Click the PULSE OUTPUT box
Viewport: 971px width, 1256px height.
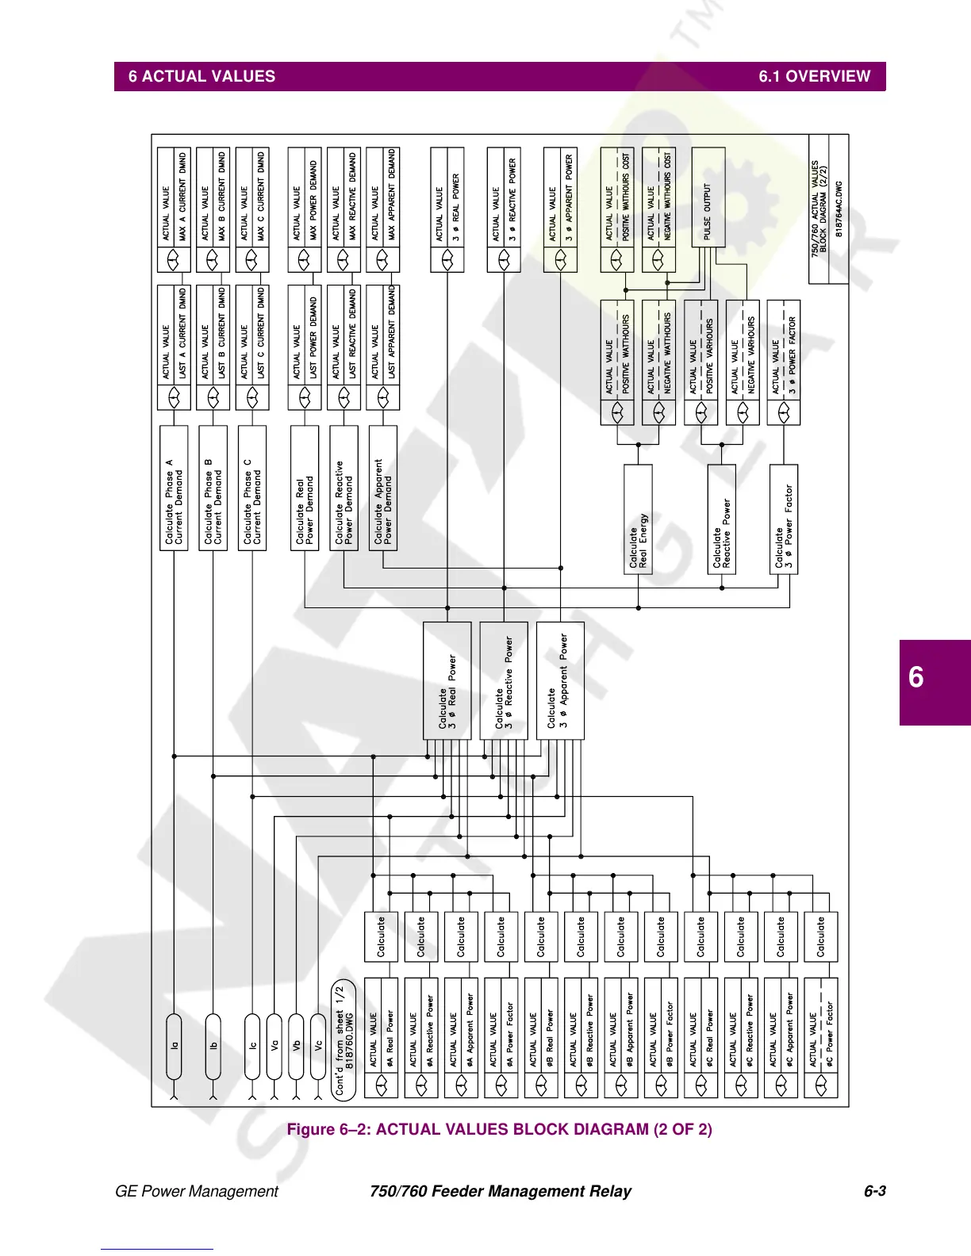(x=708, y=197)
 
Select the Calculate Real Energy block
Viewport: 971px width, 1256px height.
(x=638, y=519)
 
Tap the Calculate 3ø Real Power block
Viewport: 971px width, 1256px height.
(x=447, y=680)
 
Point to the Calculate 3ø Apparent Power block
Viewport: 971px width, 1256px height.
(x=560, y=680)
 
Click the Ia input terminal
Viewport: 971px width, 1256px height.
(x=174, y=1046)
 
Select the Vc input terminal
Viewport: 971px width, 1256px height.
(x=317, y=1046)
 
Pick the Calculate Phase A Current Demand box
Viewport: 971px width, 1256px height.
(x=174, y=488)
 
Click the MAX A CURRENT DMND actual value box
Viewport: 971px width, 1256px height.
(x=175, y=210)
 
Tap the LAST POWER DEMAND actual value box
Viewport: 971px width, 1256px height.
(x=305, y=347)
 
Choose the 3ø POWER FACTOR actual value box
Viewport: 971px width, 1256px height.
(x=784, y=362)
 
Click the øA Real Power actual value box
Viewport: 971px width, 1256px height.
(x=382, y=1038)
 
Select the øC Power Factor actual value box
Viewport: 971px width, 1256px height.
(x=821, y=1038)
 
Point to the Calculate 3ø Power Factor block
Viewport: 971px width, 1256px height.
(x=784, y=519)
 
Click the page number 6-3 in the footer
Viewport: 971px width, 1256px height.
(x=874, y=1191)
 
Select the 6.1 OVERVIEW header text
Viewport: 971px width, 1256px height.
(x=814, y=77)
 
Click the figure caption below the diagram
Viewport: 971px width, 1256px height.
(x=499, y=1129)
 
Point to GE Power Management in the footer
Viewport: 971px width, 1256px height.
(x=197, y=1191)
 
